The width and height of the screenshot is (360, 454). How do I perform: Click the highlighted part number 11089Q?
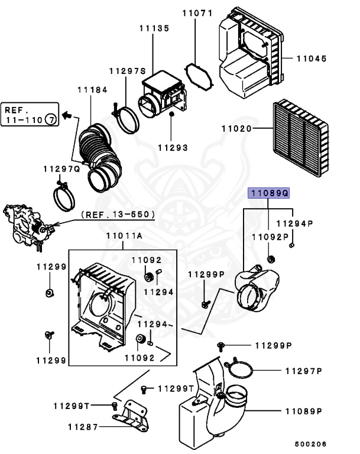[268, 193]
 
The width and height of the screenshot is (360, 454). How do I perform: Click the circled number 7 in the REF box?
[51, 120]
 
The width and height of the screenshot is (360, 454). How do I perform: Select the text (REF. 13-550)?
[118, 214]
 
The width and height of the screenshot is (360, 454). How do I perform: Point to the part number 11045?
[312, 59]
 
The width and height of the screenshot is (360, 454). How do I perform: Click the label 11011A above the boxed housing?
[124, 236]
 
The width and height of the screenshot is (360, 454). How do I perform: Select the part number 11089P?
[303, 410]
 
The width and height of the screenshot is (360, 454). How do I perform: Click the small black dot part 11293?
[171, 113]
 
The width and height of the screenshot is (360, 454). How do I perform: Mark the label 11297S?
[127, 71]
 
